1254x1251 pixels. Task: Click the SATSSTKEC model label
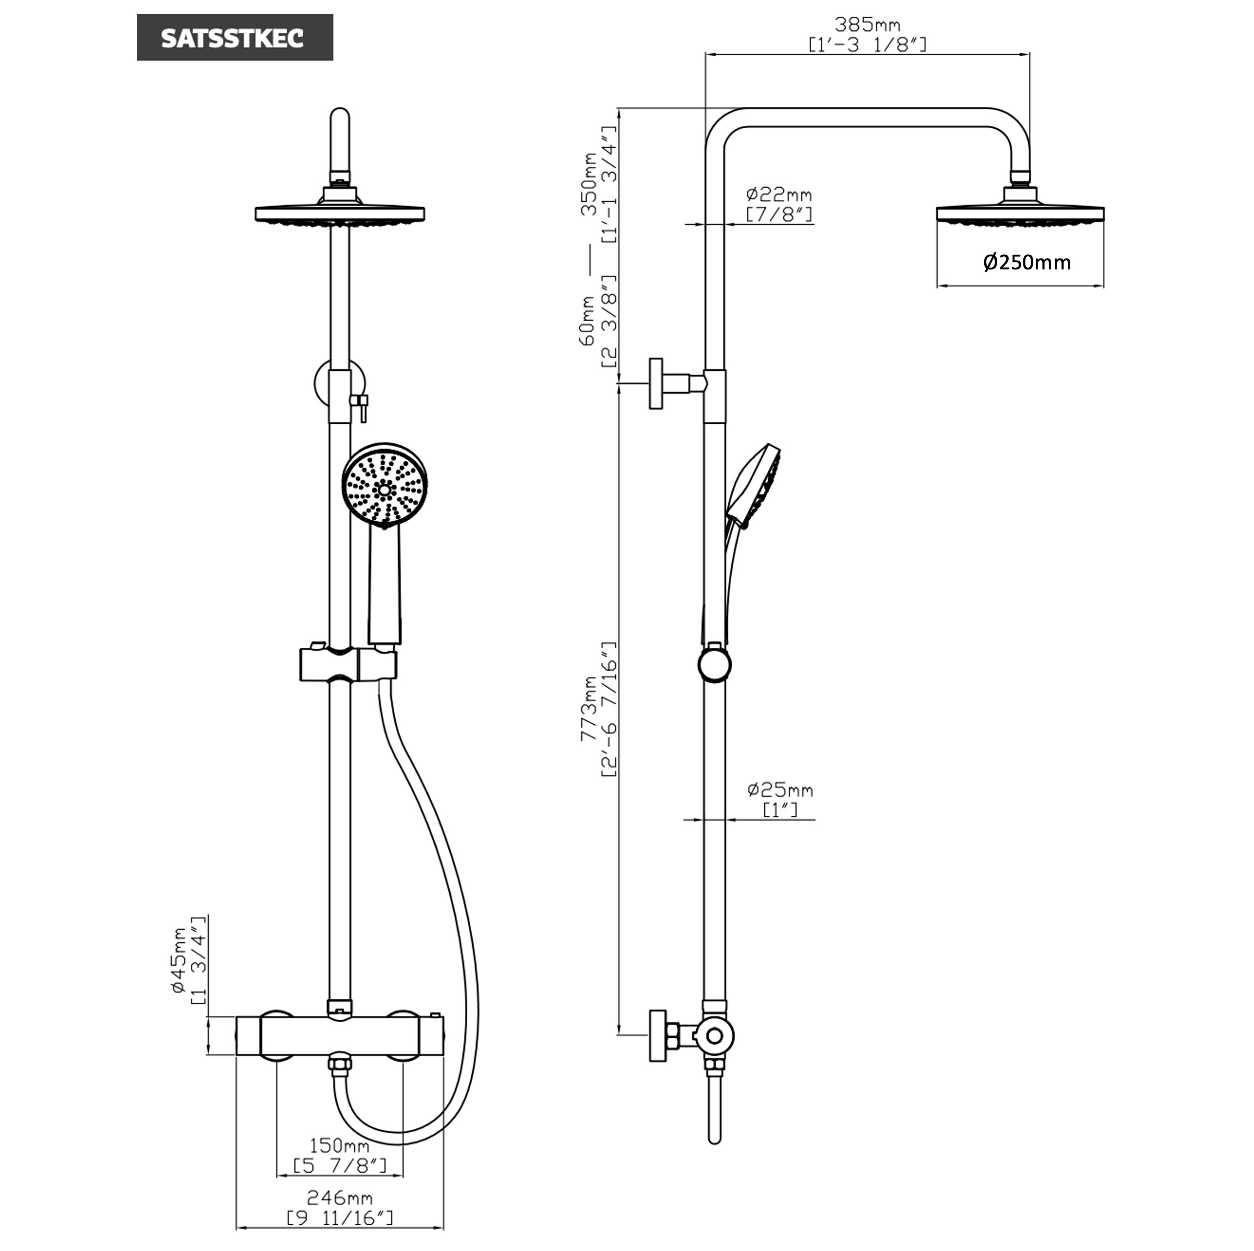pos(234,38)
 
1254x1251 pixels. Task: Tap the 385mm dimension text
pos(867,25)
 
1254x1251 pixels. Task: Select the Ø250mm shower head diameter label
pos(1027,262)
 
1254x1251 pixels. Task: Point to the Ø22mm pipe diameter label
pos(779,194)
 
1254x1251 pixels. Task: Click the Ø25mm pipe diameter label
pos(780,790)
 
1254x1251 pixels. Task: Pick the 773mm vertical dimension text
pos(589,709)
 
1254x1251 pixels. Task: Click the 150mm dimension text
pos(340,1145)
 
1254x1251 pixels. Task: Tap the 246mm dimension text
pos(340,1197)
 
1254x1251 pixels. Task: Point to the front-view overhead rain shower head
pos(340,214)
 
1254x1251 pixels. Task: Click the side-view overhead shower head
pos(1020,214)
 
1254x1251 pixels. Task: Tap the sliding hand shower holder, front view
pos(348,664)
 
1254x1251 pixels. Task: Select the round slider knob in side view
pos(715,665)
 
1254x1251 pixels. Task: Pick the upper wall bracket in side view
pos(657,383)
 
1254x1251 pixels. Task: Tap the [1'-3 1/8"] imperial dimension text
pos(867,45)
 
